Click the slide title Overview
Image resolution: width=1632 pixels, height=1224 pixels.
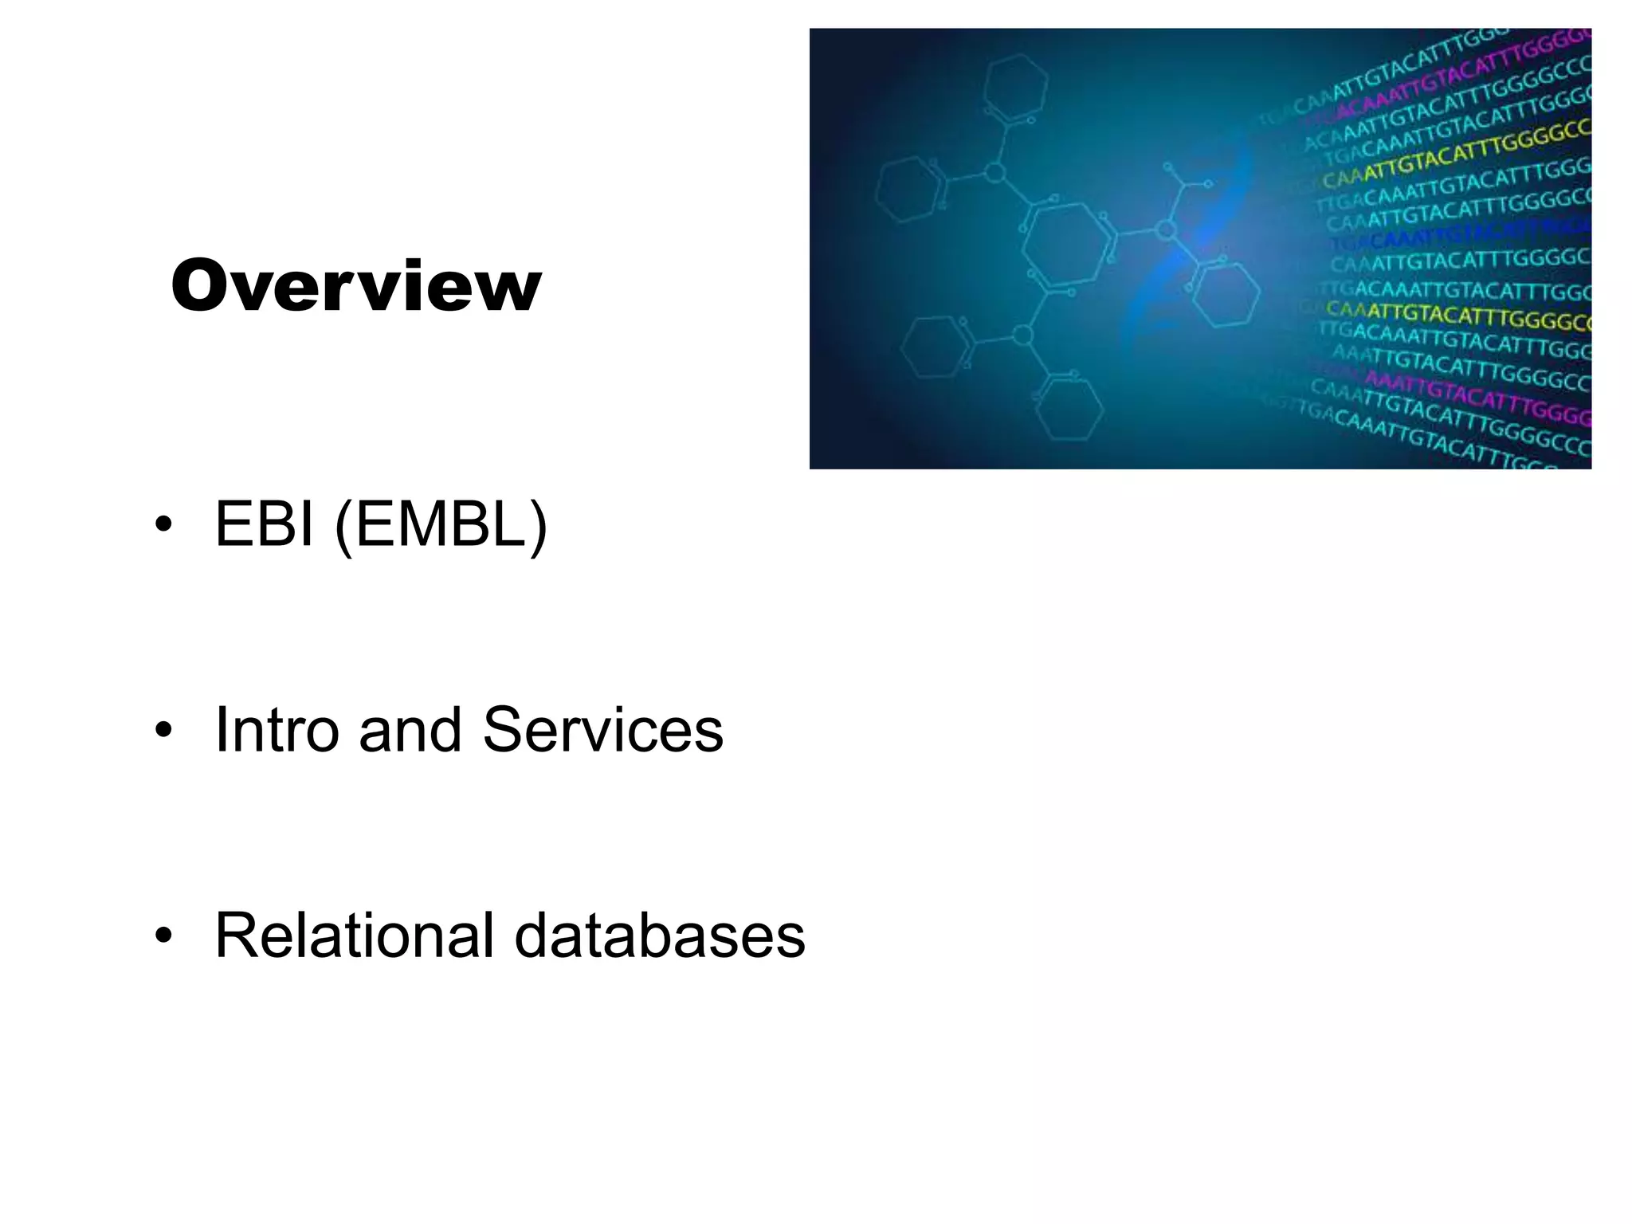coord(356,286)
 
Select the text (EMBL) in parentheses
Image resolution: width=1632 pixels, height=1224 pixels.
coord(441,526)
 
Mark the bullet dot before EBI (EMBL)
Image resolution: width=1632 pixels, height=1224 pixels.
coord(163,525)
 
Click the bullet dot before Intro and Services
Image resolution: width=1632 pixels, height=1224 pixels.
coord(163,730)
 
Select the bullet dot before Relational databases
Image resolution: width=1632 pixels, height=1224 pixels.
coord(163,936)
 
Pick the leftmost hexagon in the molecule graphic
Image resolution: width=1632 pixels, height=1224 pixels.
coord(908,190)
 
